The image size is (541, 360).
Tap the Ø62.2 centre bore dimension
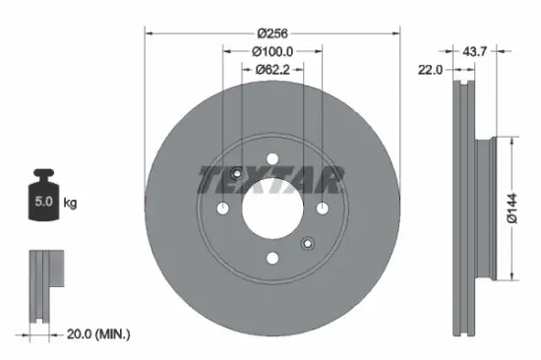[x=271, y=70]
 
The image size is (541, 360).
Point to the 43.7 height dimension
[x=475, y=49]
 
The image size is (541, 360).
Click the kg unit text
[x=71, y=203]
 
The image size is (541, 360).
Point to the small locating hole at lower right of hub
[x=307, y=244]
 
